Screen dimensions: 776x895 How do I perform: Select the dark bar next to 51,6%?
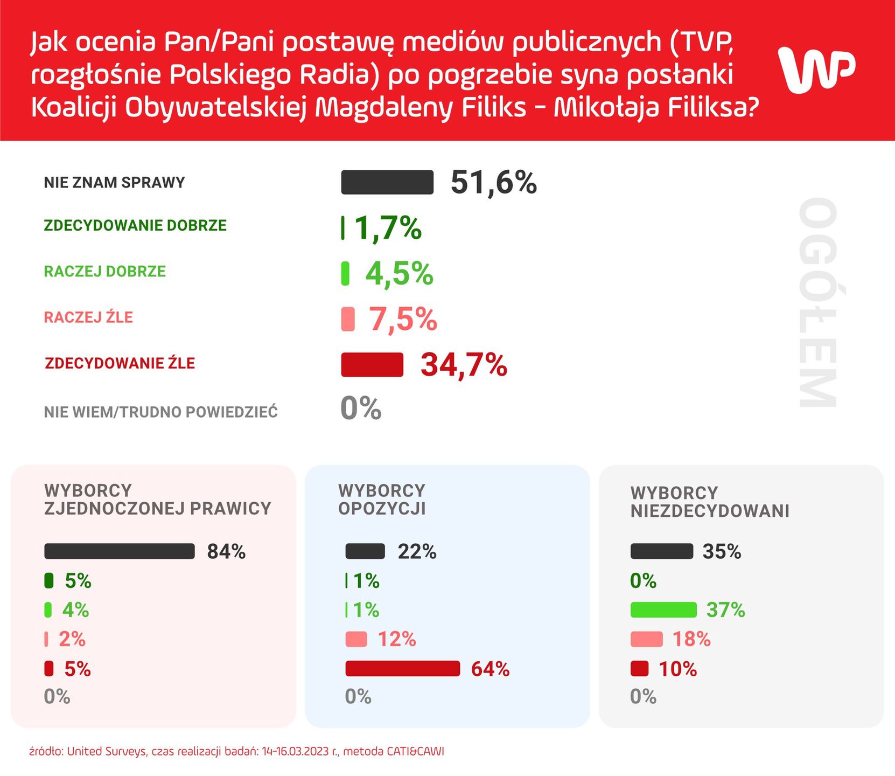coord(387,182)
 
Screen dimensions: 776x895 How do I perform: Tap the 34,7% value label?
coord(464,365)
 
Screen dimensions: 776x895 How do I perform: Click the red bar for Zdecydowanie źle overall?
coord(372,365)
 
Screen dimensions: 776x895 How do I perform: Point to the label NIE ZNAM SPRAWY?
coord(114,183)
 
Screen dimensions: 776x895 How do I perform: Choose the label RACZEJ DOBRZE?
coord(104,271)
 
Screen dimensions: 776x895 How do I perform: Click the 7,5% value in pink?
coord(403,319)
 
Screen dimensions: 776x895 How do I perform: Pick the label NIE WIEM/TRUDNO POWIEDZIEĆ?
coord(160,412)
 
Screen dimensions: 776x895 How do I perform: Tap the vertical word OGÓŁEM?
coord(817,303)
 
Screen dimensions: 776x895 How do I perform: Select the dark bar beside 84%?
coord(120,551)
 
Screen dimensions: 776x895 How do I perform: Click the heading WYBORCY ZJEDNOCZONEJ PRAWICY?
coord(157,500)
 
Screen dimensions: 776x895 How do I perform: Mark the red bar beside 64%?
coord(402,668)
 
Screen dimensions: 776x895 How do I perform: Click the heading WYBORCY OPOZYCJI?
coord(382,500)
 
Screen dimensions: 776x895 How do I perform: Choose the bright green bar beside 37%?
coord(663,610)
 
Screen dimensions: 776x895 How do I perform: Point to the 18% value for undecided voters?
coord(691,639)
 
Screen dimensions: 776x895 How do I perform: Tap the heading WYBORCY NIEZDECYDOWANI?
coord(710,502)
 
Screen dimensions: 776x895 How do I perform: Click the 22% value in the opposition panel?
coord(417,552)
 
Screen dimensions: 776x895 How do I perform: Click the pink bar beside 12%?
coord(356,639)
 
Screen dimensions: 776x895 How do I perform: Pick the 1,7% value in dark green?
coord(388,228)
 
